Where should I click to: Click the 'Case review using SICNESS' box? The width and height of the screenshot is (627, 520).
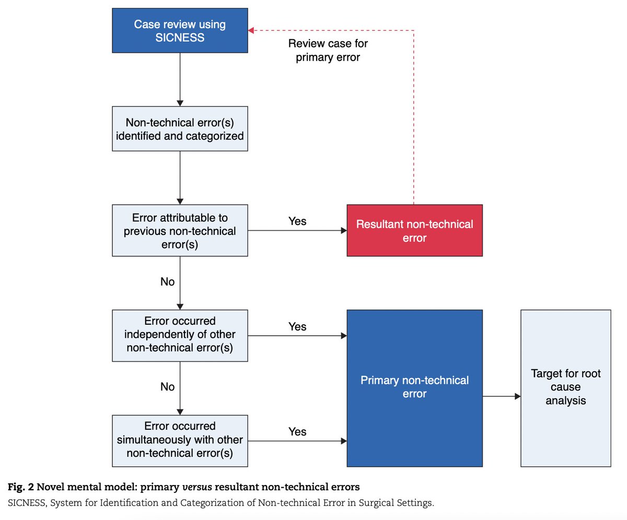click(180, 30)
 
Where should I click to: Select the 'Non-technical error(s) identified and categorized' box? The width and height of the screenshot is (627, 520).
click(180, 129)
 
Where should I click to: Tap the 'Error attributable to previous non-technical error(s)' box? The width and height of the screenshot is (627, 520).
click(180, 230)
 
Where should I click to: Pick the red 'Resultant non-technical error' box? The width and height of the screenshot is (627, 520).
click(415, 230)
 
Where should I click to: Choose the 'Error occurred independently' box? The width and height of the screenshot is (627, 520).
click(180, 336)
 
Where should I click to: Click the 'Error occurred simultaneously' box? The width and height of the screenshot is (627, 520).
click(180, 441)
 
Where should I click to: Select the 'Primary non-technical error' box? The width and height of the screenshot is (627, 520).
click(415, 388)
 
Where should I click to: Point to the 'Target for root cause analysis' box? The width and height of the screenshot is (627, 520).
click(566, 388)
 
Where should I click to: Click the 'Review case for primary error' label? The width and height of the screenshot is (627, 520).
click(328, 50)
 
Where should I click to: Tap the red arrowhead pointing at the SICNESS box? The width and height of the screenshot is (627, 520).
click(251, 30)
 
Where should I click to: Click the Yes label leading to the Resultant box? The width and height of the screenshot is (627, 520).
click(297, 221)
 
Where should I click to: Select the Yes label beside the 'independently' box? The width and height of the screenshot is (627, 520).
click(297, 326)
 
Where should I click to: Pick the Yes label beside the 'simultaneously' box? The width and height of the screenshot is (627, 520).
click(297, 431)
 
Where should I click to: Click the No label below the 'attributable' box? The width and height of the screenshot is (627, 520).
click(167, 281)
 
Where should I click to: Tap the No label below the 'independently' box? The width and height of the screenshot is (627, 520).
click(167, 386)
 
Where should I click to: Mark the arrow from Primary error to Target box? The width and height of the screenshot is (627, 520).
click(502, 396)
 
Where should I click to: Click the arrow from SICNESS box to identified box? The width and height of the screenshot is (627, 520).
click(180, 79)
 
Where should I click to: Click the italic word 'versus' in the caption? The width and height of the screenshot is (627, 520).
click(197, 487)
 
